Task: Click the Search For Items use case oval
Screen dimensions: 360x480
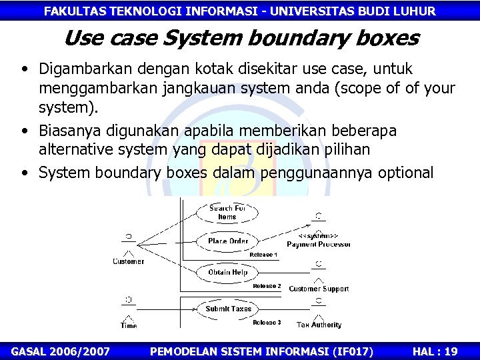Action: click(227, 212)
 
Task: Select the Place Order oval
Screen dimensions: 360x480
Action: click(228, 241)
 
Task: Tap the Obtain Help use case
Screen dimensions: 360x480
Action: click(228, 272)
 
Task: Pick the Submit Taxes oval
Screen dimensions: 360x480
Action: click(228, 309)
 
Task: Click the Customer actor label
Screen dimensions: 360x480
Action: click(128, 261)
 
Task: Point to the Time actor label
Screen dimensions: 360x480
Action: click(129, 325)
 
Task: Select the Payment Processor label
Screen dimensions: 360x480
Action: click(319, 245)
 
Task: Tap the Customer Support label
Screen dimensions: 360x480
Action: click(319, 289)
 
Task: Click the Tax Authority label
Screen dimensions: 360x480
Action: click(319, 325)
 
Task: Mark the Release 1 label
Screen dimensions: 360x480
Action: click(263, 255)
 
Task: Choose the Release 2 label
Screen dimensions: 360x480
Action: click(267, 286)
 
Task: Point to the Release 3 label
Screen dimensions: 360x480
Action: click(267, 323)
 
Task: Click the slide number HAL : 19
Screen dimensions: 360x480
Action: click(435, 351)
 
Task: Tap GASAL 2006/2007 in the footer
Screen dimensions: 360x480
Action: click(61, 351)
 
